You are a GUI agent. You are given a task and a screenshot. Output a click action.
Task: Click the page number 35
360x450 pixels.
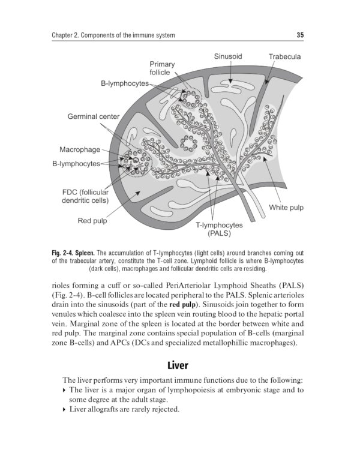click(300, 35)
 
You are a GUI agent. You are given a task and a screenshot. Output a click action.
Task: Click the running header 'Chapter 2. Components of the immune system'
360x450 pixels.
click(114, 35)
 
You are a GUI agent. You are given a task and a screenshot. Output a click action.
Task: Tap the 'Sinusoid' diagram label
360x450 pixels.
click(227, 56)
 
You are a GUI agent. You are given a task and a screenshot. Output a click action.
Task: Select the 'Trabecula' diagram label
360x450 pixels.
click(284, 56)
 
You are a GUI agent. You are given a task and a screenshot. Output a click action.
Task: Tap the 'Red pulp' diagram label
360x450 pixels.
click(92, 221)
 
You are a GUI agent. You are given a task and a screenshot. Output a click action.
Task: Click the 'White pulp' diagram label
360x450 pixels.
click(286, 208)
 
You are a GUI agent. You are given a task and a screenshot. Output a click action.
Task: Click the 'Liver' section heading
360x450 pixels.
click(179, 365)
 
